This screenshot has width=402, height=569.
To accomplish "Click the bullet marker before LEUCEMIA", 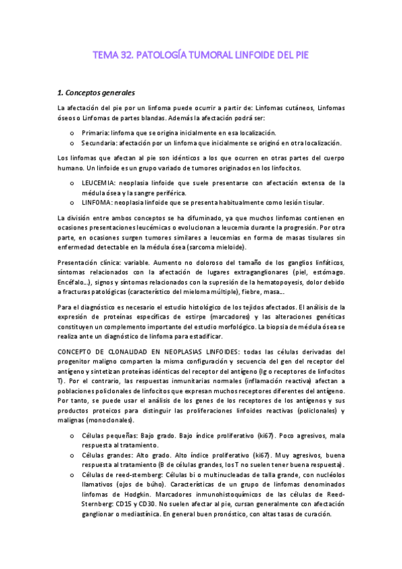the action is pyautogui.click(x=72, y=183).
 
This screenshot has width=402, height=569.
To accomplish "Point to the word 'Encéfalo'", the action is pyautogui.click(x=74, y=282).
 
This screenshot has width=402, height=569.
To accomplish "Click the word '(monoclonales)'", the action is pyautogui.click(x=113, y=420).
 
